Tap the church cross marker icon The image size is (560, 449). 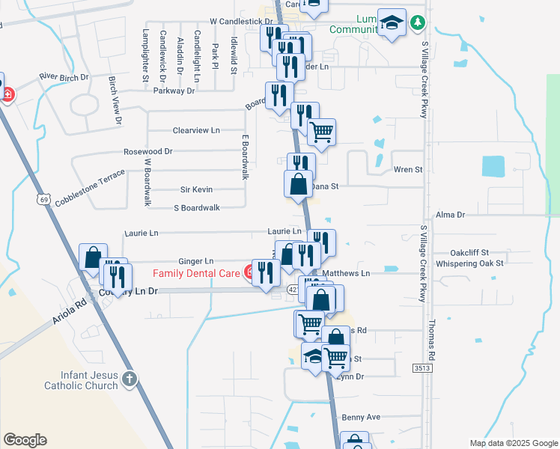130,379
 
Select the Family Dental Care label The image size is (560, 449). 198,272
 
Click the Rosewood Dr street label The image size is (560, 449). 147,151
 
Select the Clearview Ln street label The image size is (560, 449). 196,130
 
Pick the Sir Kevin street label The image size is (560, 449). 197,190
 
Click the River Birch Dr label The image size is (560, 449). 64,76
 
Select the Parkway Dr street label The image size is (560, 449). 174,91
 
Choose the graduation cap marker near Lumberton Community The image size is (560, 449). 392,24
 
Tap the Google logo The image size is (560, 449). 25,440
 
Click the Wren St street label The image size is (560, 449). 408,170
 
